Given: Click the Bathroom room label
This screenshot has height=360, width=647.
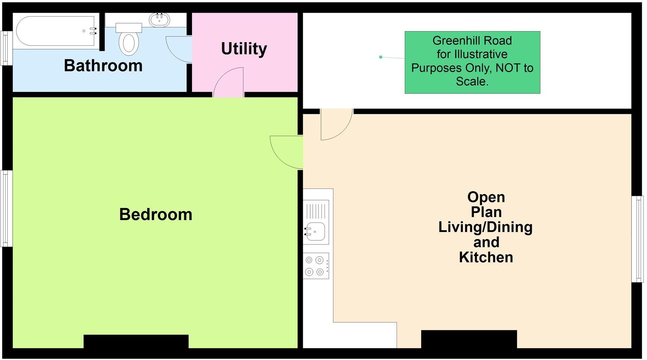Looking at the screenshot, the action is pos(103,66).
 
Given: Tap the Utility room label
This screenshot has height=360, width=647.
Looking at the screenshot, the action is pos(244,49).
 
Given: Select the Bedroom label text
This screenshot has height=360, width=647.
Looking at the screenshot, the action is pos(156,214).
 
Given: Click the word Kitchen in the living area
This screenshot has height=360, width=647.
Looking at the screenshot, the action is pos(486,257).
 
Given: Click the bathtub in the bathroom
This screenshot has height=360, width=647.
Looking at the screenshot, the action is pos(56,31).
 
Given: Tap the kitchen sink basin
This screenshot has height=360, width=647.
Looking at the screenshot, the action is pos(316,232).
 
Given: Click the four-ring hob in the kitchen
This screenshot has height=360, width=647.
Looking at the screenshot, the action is pos(316,266).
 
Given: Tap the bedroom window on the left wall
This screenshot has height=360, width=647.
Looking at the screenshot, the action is pos(6,208).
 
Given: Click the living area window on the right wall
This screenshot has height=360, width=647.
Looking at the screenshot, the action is pos(637,239).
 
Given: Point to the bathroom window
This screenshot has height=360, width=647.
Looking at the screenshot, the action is pos(6,48).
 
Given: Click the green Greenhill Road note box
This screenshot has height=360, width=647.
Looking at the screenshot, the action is pos(472,62).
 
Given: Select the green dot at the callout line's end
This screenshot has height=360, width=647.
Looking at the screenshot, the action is pos(380,57).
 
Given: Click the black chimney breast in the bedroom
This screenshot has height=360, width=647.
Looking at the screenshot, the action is pos(136,341).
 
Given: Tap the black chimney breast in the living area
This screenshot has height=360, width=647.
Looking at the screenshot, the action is pos(469,339).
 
